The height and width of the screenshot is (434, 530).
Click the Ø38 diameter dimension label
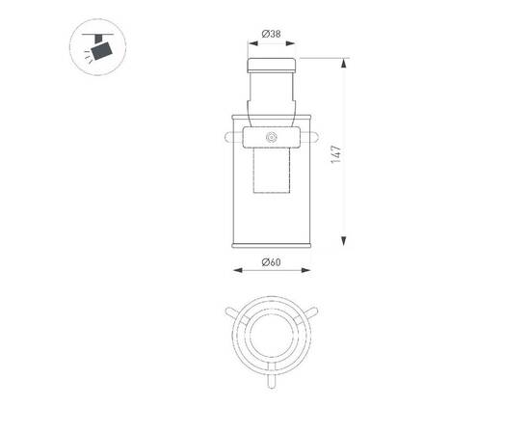[x=271, y=36]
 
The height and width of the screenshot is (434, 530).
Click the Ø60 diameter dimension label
[x=270, y=263]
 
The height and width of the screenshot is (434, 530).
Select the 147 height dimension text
[x=334, y=155]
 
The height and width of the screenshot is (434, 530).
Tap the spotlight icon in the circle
[x=97, y=47]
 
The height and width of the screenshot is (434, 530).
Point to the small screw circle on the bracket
[x=271, y=139]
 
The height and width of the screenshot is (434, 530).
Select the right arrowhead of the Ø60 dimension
[x=307, y=271]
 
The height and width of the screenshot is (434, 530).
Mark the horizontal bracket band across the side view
[x=271, y=138]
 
